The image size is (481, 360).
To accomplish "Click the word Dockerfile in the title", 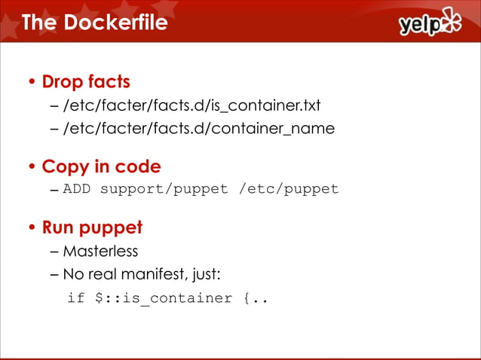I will point(115,23).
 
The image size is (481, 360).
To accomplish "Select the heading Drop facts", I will point(86,81).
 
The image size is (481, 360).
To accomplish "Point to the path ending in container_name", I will point(198,128).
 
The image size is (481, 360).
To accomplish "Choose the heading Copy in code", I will point(101,166).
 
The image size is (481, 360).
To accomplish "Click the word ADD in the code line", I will point(76,188).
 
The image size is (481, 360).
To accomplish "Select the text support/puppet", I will point(164,188).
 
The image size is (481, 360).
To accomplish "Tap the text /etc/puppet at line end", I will point(289,188).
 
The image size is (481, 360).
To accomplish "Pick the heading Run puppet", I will point(92,227).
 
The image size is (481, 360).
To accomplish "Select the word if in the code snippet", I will point(75,298).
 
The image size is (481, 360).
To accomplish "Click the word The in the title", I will point(40,23).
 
